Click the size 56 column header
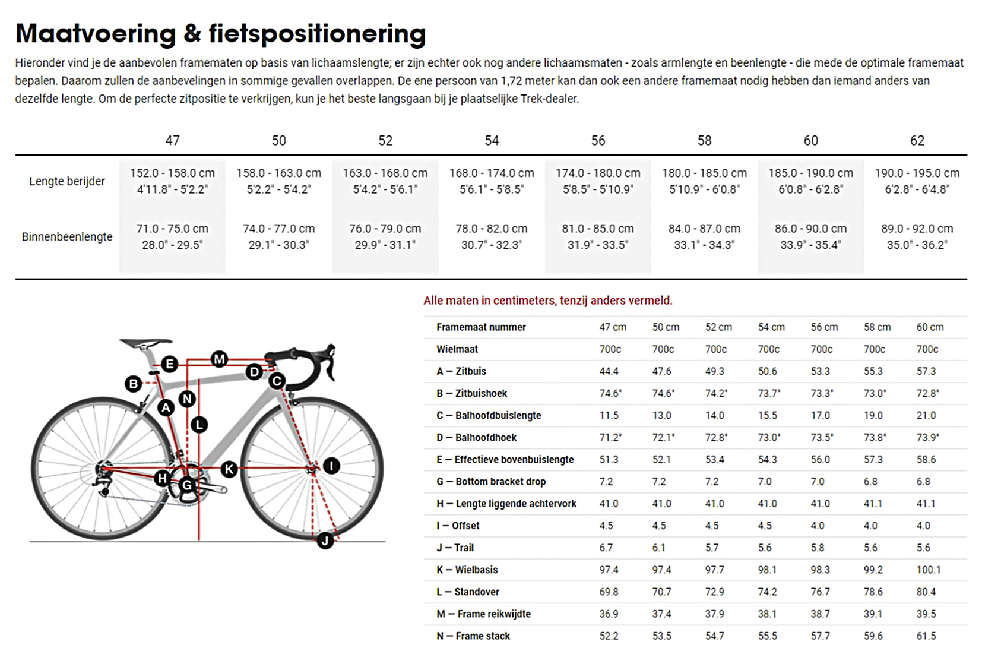[598, 141]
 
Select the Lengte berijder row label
[67, 181]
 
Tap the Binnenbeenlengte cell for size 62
[917, 236]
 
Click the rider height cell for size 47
[172, 181]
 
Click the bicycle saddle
[145, 343]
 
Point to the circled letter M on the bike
[220, 359]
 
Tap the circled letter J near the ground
[325, 541]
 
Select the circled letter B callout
[134, 384]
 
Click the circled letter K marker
[229, 469]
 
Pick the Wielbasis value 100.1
[929, 570]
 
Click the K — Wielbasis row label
[467, 570]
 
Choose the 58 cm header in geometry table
[877, 327]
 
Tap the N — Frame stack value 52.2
[609, 636]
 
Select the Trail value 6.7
[606, 548]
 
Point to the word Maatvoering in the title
[96, 34]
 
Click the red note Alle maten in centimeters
[547, 301]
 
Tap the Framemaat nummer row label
[481, 327]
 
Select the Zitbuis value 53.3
[821, 371]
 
